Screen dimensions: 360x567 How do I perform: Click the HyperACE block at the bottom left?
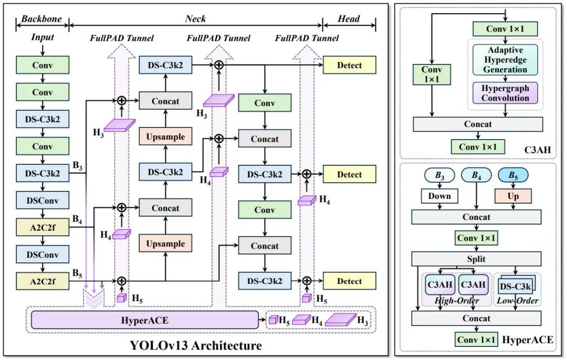(144, 320)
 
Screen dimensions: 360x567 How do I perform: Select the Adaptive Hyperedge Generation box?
(505, 60)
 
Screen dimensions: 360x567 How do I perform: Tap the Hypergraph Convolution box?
(505, 93)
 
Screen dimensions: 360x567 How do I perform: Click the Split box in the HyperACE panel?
(476, 259)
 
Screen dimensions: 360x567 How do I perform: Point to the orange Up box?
(513, 196)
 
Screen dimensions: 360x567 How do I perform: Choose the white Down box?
(439, 196)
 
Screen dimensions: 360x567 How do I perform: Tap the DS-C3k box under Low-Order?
(515, 287)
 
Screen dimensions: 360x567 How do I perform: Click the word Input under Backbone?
(43, 38)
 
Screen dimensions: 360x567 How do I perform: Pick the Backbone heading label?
(41, 19)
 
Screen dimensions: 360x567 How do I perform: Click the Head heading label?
(349, 19)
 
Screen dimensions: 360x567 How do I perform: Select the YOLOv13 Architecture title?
(196, 345)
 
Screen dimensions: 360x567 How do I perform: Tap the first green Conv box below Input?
(43, 65)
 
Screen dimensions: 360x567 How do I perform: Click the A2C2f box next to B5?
(43, 281)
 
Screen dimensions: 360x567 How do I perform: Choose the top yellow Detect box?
(350, 65)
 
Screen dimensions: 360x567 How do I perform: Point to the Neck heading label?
(195, 19)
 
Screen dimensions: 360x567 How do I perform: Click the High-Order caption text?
(457, 301)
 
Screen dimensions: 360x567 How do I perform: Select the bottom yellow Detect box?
(350, 281)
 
